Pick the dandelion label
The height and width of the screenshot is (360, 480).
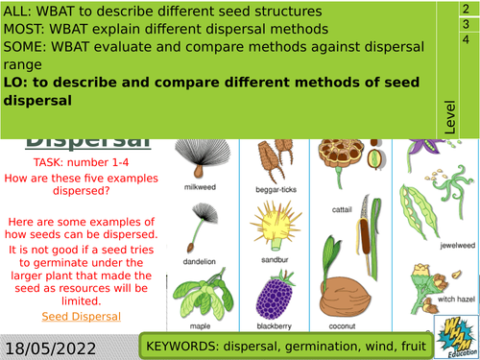tap(201, 257)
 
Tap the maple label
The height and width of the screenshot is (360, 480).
tap(200, 324)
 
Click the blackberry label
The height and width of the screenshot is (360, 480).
tap(278, 324)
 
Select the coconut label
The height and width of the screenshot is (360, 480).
tap(351, 324)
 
